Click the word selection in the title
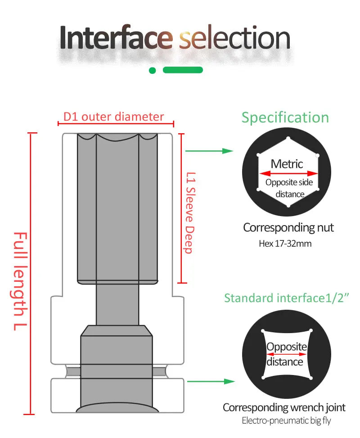click(x=234, y=38)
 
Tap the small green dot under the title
click(x=153, y=70)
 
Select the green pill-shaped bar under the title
click(x=183, y=70)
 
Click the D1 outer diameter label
click(x=113, y=117)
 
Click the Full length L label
click(x=20, y=281)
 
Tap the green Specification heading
click(x=285, y=117)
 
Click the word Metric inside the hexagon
click(x=287, y=164)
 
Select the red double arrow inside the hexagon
click(x=288, y=173)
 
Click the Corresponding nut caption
click(x=288, y=228)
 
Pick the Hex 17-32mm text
click(x=285, y=244)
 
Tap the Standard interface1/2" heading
click(x=287, y=298)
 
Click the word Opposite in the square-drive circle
click(x=287, y=347)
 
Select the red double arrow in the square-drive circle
click(x=287, y=354)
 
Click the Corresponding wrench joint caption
click(x=284, y=408)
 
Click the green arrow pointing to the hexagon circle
click(x=209, y=151)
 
